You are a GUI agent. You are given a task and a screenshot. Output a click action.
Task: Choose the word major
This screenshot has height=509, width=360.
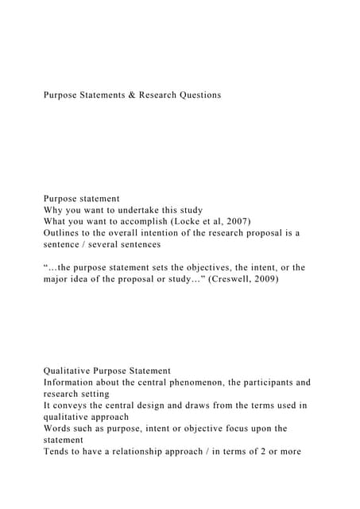(58, 280)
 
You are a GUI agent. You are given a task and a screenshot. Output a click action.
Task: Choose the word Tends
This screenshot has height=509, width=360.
(58, 452)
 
